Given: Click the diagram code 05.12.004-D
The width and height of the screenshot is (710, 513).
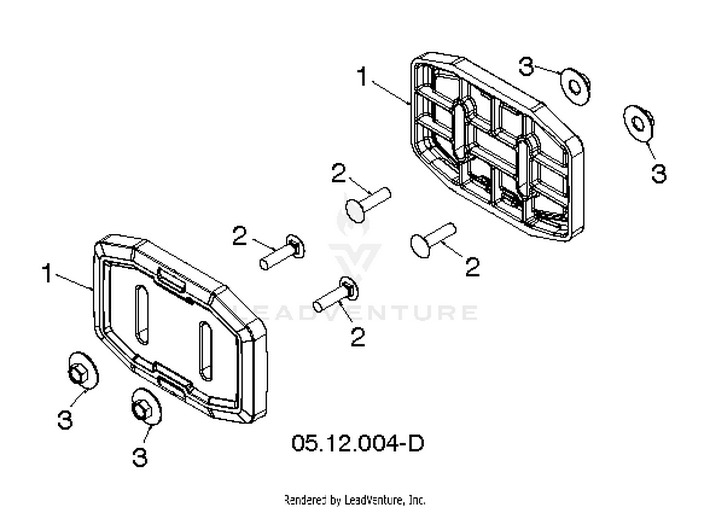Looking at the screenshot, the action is coord(357,443).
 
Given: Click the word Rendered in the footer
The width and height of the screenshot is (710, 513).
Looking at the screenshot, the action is coord(305,500).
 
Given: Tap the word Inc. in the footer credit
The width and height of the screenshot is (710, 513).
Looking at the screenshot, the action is coord(417,500).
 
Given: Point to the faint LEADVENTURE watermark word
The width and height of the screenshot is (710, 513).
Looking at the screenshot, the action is coord(355,312).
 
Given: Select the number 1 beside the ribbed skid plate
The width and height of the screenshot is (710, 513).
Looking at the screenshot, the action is coord(362,76).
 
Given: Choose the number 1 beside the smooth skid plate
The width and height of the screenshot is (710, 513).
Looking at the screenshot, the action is coord(47,273).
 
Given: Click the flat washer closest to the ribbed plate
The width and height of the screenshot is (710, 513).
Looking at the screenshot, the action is coord(575,86).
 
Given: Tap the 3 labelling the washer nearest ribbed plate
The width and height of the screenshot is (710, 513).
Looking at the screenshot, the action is coord(526,66).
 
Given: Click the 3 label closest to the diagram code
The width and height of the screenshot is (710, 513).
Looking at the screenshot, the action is coord(140,457).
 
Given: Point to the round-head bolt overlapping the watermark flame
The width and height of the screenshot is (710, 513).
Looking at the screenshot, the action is coord(368,205).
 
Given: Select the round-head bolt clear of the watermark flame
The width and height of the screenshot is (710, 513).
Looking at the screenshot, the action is coord(433,240).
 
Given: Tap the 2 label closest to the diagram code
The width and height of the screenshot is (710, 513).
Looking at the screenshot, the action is coord(358,337).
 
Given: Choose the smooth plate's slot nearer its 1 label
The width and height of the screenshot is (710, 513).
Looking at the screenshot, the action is coord(142,315).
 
